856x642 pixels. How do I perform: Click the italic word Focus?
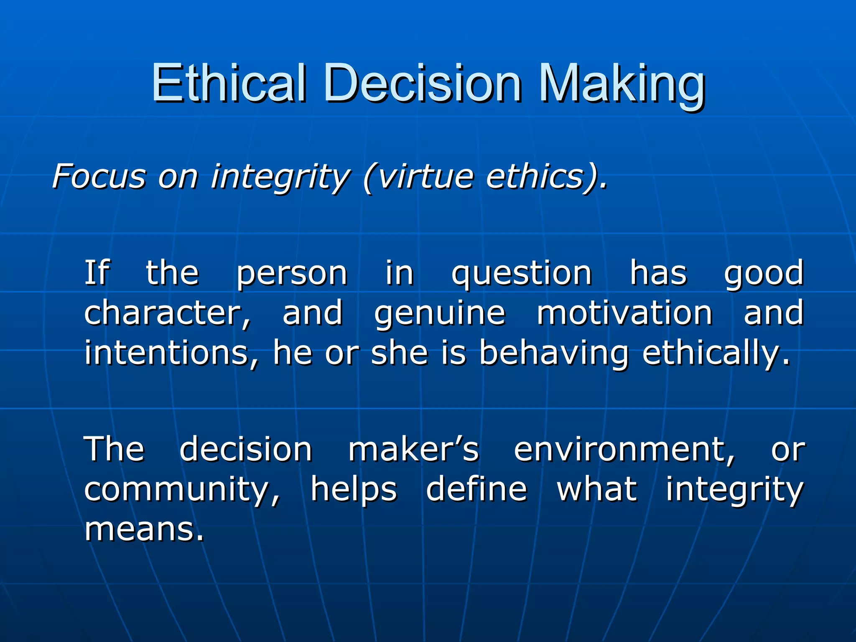tap(99, 176)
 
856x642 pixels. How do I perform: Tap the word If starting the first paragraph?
tap(97, 273)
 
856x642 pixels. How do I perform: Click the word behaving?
tap(553, 353)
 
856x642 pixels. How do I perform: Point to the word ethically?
tap(716, 353)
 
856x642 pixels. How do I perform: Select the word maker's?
tap(414, 449)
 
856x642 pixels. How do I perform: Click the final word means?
tap(144, 530)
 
